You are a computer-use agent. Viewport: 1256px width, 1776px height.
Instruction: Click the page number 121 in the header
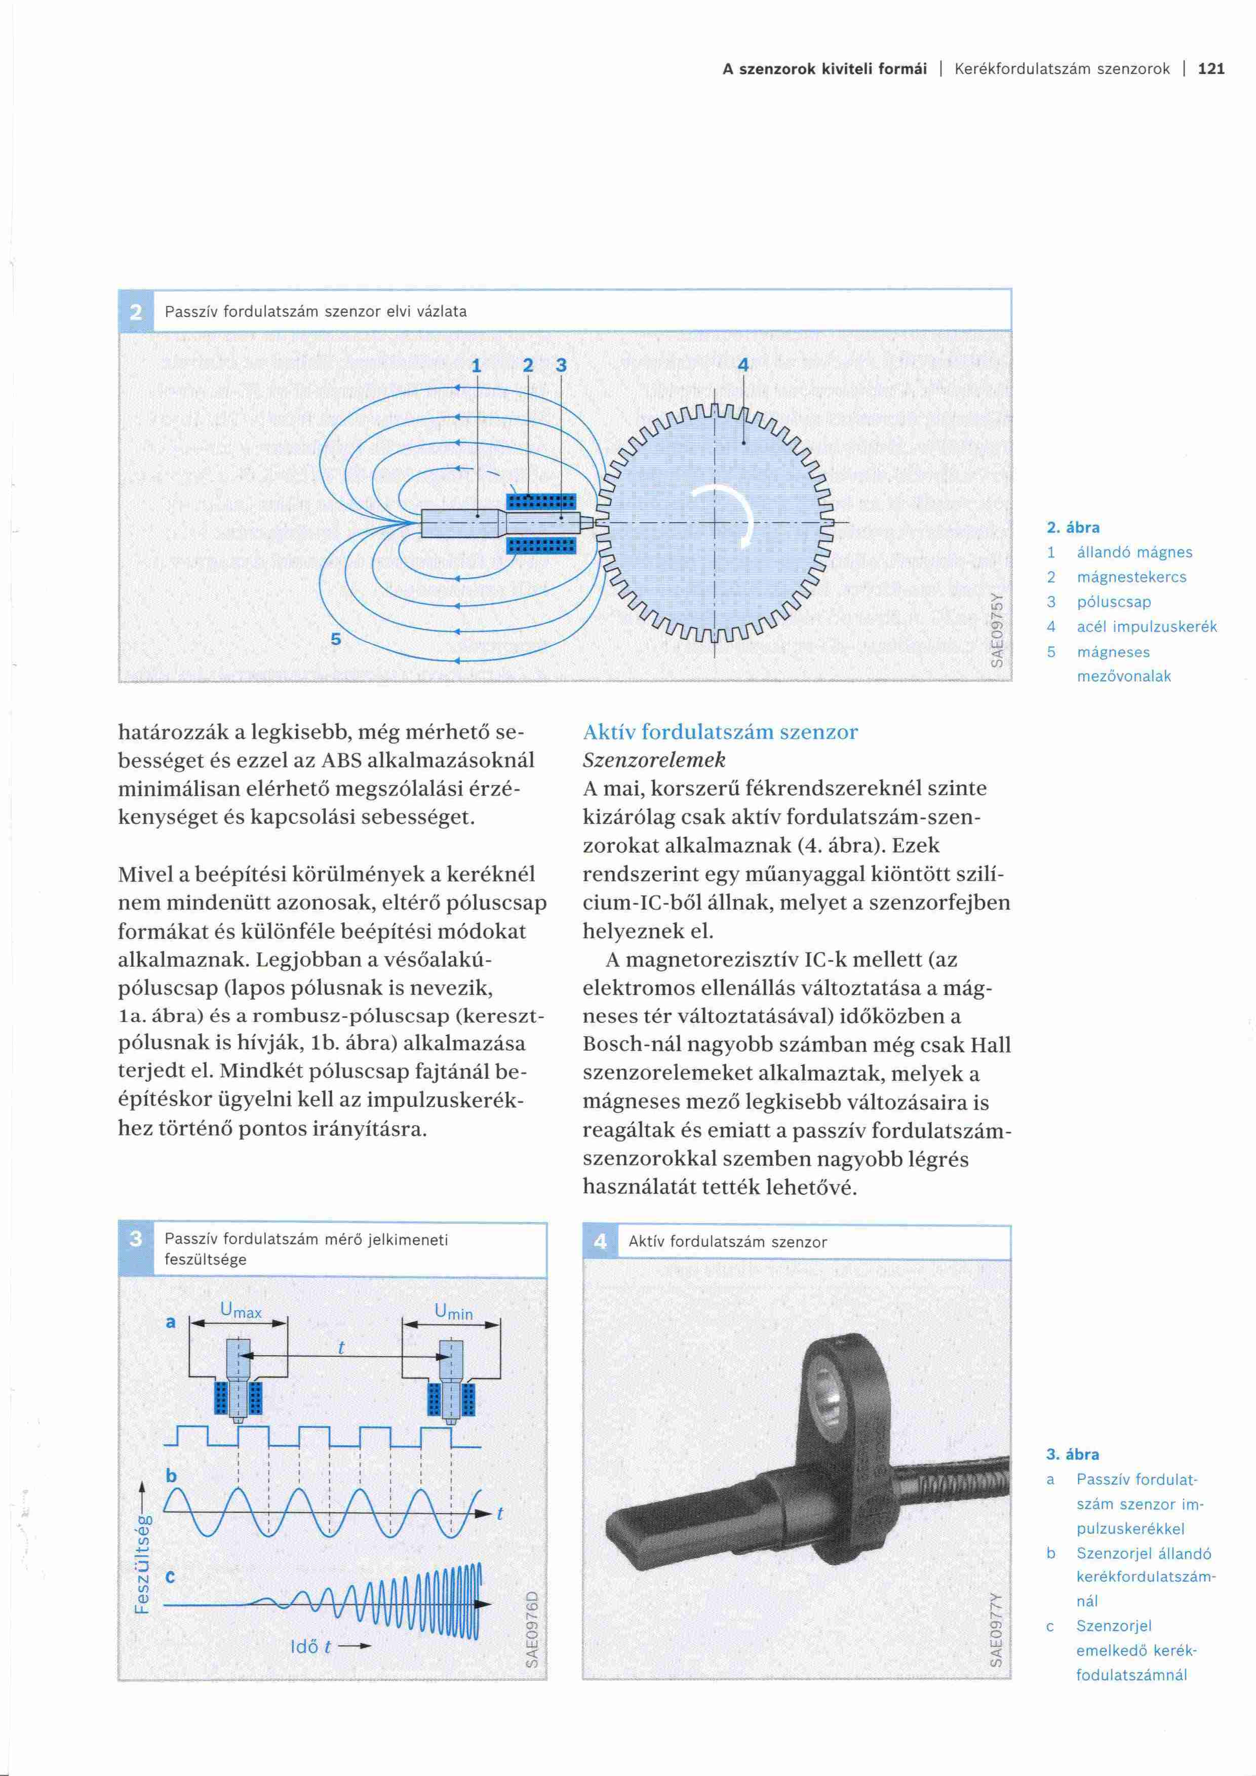1211,69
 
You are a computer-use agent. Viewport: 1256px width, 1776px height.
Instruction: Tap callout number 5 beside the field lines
336,639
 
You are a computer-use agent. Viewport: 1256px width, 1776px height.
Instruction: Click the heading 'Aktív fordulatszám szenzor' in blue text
720,732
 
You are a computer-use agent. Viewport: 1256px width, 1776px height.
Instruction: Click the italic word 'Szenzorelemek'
654,760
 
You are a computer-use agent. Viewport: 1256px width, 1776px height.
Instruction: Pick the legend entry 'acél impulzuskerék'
1146,626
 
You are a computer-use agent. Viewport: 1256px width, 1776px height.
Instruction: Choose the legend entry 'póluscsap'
1114,602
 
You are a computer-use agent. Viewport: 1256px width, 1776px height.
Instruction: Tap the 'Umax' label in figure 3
241,1310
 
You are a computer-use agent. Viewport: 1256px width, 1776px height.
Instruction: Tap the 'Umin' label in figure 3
453,1312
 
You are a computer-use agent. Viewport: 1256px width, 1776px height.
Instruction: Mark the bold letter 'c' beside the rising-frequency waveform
171,1575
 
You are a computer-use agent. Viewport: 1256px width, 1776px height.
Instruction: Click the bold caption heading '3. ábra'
1072,1454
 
